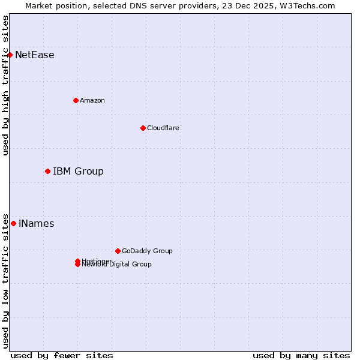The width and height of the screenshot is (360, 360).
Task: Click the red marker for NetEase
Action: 10,55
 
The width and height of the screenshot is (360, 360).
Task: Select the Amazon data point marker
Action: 76,100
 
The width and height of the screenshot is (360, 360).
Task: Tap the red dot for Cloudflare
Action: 143,128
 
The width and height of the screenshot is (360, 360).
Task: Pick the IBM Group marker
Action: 47,172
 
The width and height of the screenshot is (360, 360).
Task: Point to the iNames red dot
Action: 13,224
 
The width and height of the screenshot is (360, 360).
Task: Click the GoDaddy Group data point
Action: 118,251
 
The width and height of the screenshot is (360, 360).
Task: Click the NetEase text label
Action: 35,55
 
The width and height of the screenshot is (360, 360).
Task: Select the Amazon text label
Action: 92,100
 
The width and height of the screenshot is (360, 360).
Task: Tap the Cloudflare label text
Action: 163,128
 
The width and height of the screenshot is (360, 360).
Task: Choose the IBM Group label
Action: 78,172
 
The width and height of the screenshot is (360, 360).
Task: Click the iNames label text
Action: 37,224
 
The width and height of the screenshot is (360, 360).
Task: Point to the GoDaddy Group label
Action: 147,251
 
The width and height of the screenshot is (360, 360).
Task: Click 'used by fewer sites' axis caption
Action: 62,355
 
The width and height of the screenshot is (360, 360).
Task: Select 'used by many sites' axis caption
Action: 301,355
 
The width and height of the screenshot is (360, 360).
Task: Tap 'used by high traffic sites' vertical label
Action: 6,85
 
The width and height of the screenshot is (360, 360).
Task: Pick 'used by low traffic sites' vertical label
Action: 6,280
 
